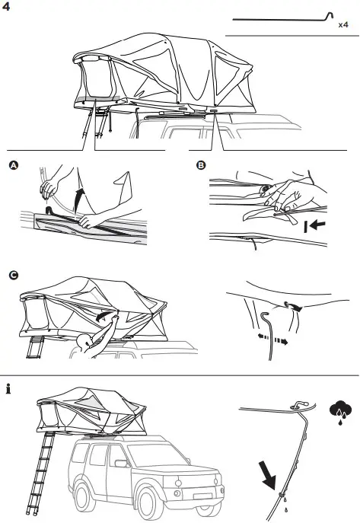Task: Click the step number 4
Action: [8, 9]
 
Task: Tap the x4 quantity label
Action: [344, 25]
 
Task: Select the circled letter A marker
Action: [12, 167]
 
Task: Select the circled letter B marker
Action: [200, 167]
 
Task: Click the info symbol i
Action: [8, 390]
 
